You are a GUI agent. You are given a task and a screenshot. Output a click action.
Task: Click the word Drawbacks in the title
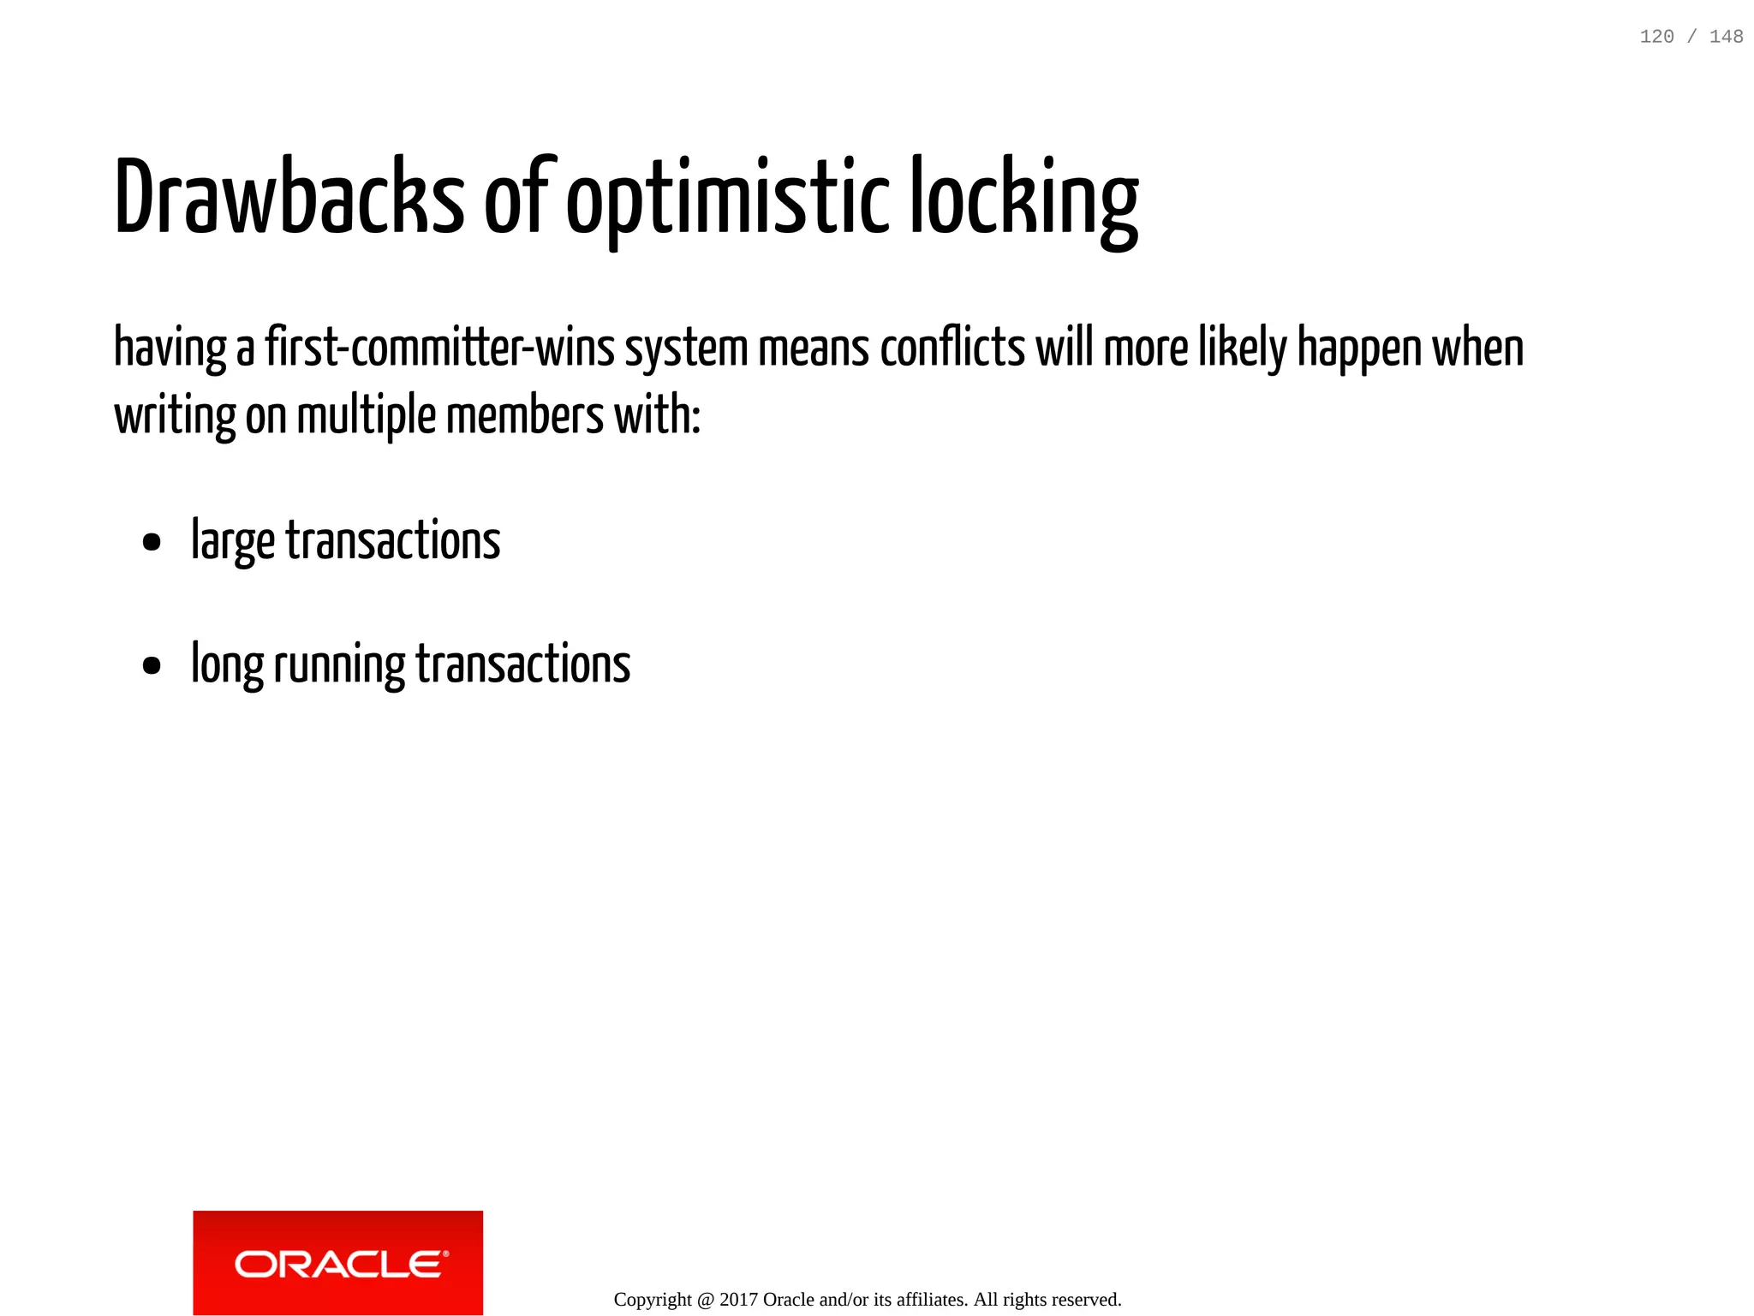point(289,197)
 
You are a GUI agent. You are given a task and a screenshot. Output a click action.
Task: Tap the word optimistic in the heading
point(728,199)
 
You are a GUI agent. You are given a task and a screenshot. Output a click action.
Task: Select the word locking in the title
point(1023,199)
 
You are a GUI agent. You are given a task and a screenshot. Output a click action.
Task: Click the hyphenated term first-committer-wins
point(440,348)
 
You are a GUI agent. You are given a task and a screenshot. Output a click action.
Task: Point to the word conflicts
point(952,348)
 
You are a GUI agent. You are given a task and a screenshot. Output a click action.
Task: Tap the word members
point(525,417)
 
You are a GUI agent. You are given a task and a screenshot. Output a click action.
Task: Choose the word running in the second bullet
point(339,665)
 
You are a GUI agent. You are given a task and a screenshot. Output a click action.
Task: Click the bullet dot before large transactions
point(152,542)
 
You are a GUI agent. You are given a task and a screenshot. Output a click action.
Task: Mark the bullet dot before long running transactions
point(152,665)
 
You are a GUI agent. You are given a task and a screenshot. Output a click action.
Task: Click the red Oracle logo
point(338,1263)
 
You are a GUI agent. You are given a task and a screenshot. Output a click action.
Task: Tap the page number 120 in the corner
point(1656,37)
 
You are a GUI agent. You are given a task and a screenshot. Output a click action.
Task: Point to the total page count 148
point(1726,37)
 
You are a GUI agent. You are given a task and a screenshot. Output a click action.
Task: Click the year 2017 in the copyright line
point(738,1300)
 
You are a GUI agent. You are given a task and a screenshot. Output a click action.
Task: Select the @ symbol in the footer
point(706,1300)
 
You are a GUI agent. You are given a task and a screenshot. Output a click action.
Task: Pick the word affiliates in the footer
point(932,1300)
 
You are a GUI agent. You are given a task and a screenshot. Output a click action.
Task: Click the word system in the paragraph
point(686,348)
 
